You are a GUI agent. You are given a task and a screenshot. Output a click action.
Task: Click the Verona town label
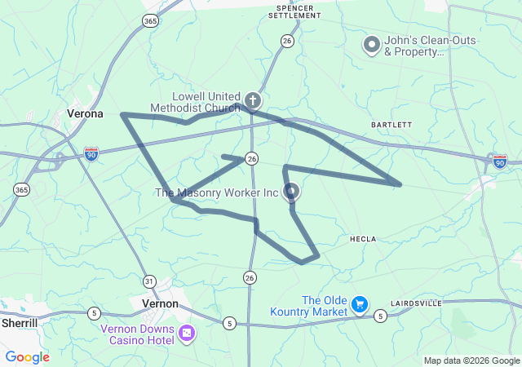[85, 113]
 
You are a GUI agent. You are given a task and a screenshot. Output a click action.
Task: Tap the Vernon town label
[160, 303]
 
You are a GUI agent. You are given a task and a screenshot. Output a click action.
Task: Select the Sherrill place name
[20, 323]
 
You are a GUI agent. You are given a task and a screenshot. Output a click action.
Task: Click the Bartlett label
[391, 125]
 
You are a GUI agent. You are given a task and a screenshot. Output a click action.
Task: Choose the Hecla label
[363, 239]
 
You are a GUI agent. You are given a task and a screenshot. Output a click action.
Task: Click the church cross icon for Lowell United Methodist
[253, 101]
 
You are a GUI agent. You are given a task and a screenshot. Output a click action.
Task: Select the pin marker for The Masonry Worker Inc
[291, 192]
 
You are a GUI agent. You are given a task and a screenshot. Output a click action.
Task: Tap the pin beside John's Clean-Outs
[371, 44]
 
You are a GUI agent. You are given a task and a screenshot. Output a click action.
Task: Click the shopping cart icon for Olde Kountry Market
[359, 305]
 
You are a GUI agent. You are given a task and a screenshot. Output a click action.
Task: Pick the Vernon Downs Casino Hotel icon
[187, 333]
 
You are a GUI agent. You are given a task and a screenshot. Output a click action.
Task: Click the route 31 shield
[148, 281]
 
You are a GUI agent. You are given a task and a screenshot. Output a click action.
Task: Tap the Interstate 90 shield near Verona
[91, 153]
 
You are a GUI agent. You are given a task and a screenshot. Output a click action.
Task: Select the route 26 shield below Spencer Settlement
[286, 40]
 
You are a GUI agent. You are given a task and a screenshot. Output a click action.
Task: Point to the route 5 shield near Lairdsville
[380, 316]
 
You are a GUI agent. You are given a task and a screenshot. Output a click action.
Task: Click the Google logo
[27, 357]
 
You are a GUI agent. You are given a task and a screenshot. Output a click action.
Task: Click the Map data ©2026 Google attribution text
[471, 360]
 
